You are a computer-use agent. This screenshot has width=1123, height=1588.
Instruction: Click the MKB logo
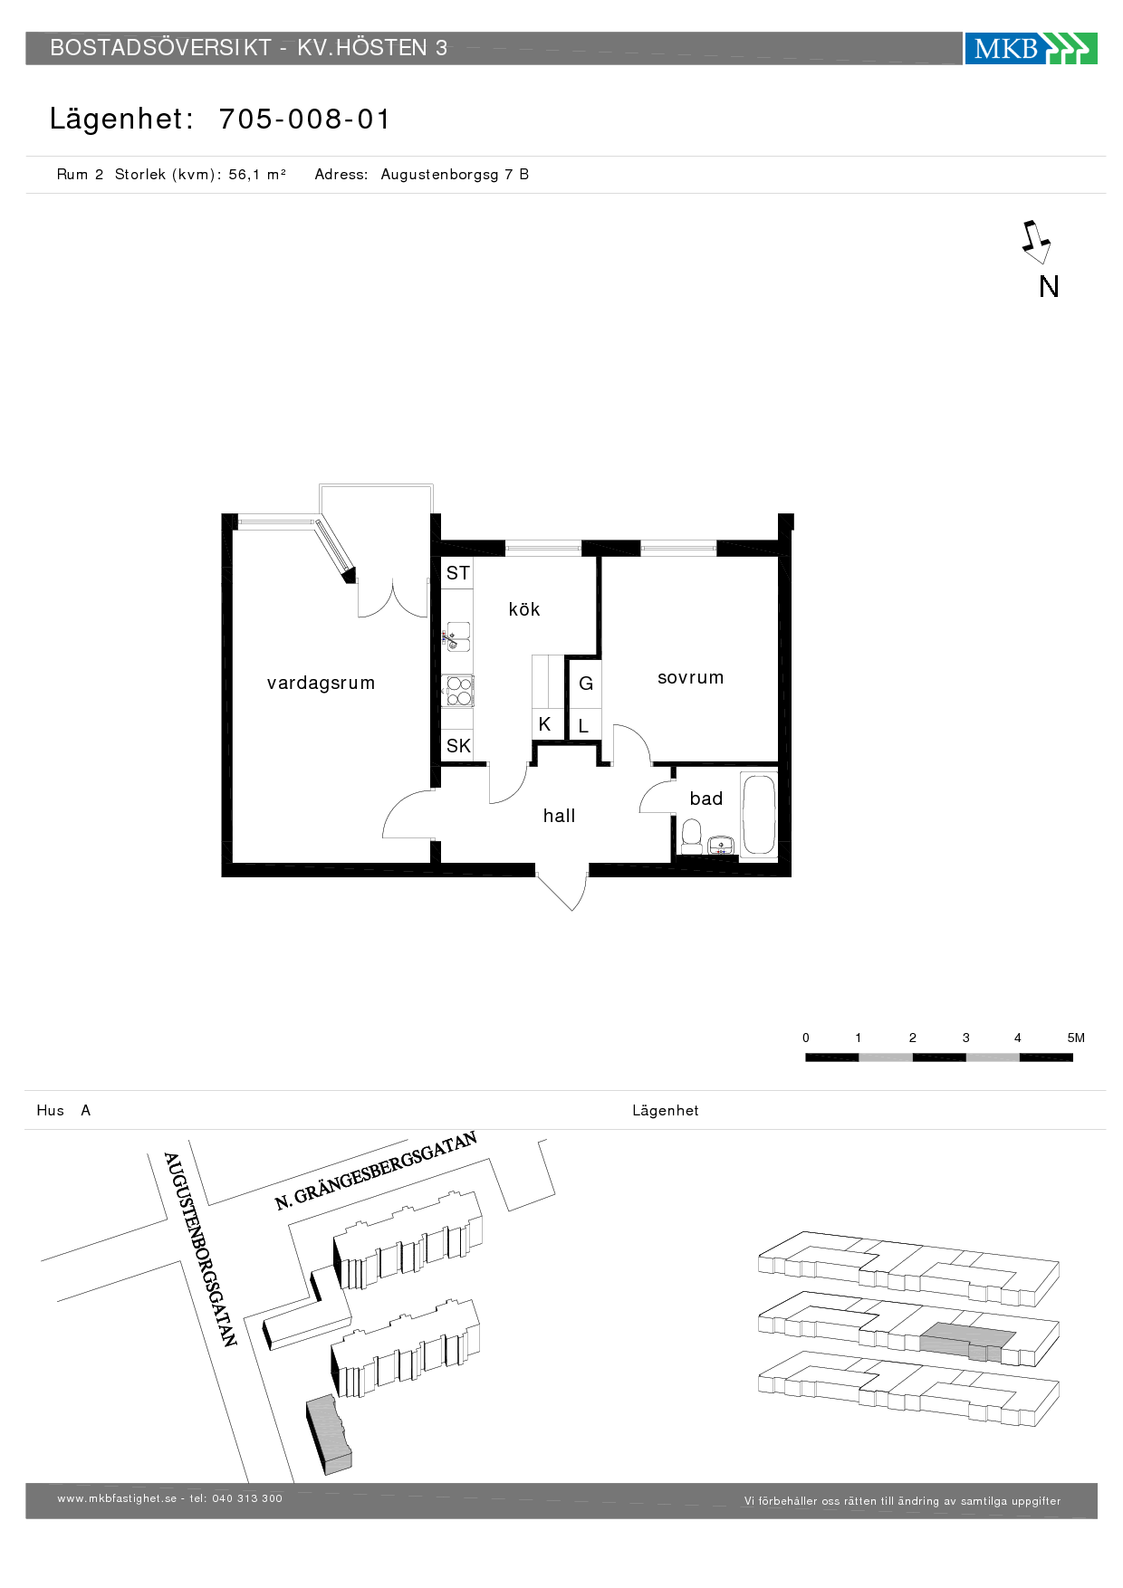point(1030,48)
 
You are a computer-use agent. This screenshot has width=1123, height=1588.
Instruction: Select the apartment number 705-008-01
point(304,120)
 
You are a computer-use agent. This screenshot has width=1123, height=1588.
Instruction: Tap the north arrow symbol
point(1035,242)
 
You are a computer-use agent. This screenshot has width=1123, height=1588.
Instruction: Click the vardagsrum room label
point(321,684)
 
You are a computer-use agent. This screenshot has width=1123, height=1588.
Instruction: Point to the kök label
point(523,609)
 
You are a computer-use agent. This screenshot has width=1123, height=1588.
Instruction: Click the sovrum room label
point(690,678)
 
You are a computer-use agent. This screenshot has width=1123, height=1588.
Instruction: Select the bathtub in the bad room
point(759,814)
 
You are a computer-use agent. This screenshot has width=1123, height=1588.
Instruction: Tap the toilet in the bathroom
point(691,835)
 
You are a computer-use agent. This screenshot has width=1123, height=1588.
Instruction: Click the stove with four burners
point(458,691)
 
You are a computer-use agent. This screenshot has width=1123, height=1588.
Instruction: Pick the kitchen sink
point(457,636)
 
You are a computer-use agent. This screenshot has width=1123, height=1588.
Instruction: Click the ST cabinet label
point(457,573)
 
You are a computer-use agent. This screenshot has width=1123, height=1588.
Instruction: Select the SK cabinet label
point(458,746)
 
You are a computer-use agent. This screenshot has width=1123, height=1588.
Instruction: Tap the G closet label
point(586,684)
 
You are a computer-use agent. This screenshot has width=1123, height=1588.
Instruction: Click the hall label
point(559,816)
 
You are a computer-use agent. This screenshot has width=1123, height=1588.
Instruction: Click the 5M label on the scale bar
point(1075,1038)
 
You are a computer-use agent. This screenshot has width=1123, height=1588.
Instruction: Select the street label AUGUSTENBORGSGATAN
point(200,1249)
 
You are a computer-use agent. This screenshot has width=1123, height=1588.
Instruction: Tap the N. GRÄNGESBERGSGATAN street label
point(375,1171)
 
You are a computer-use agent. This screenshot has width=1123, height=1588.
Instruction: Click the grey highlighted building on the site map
point(328,1433)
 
